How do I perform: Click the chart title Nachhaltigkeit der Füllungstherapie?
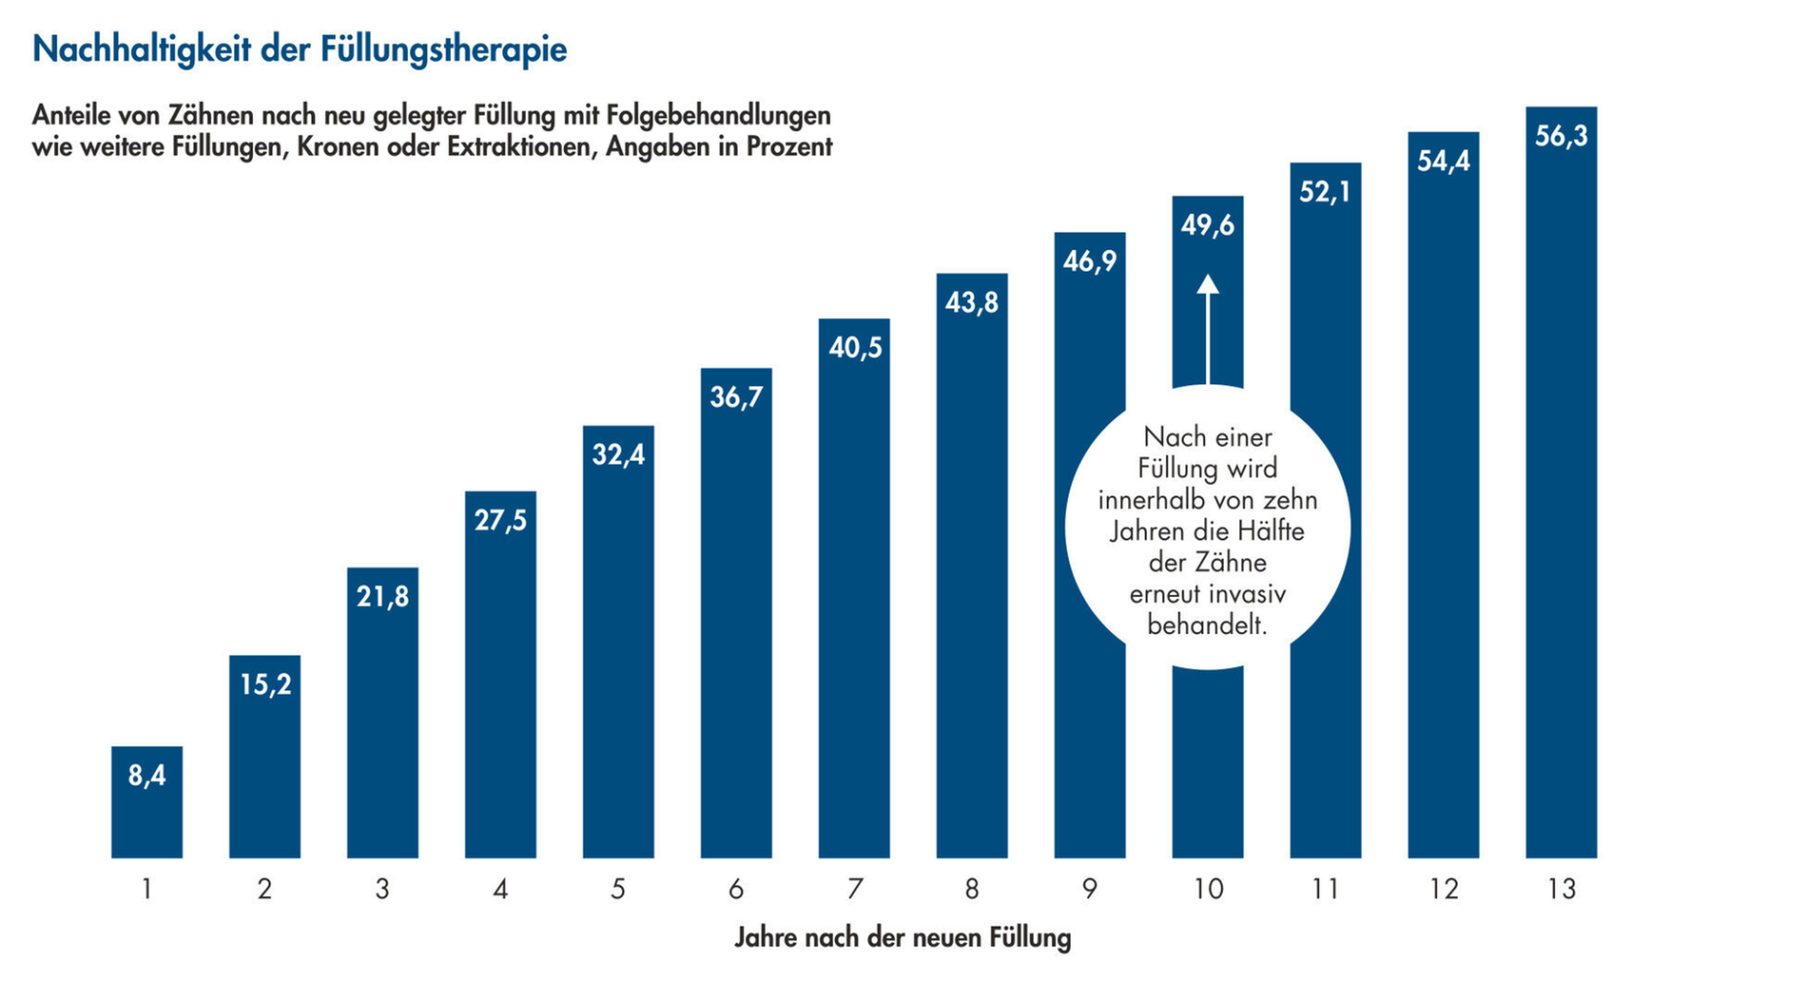300,49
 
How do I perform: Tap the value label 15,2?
265,684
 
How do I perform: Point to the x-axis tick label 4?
500,890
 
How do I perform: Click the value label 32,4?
618,455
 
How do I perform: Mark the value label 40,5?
854,348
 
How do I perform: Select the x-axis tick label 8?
971,890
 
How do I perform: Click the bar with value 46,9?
1089,570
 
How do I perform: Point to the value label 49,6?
1208,225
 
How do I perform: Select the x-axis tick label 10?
1208,890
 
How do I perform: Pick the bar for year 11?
1325,523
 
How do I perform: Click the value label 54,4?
1443,162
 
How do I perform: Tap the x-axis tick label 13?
1561,890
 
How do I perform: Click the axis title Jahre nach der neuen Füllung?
903,938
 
